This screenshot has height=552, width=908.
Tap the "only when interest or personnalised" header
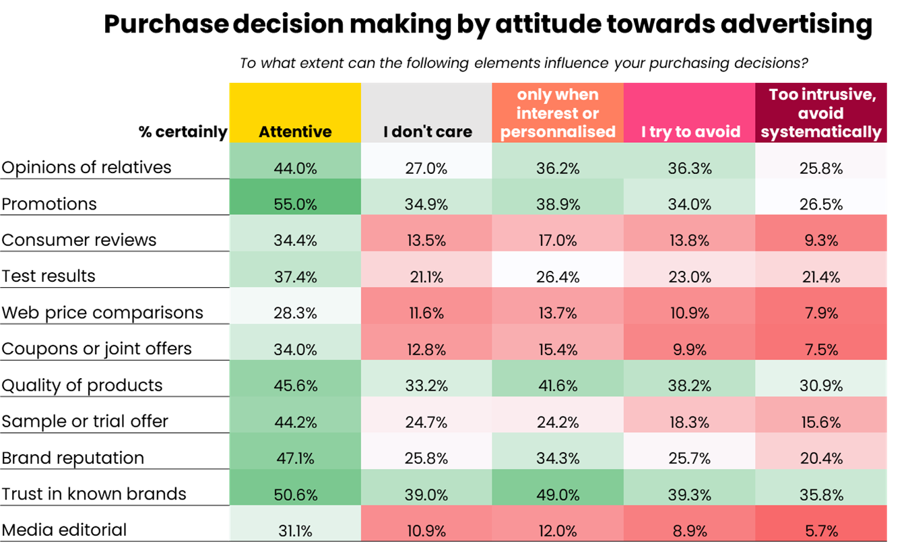pyautogui.click(x=558, y=113)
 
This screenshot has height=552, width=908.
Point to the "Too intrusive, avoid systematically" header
pyautogui.click(x=821, y=113)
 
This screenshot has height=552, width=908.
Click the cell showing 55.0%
pyautogui.click(x=295, y=204)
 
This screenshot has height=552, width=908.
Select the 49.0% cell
pyautogui.click(x=558, y=495)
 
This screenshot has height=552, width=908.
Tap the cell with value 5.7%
pyautogui.click(x=821, y=531)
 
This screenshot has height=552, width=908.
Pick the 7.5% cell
pyautogui.click(x=821, y=349)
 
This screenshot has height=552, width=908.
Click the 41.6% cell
pyautogui.click(x=558, y=386)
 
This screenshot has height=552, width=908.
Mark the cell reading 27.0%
pyautogui.click(x=426, y=168)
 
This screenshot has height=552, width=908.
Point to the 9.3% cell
pyautogui.click(x=821, y=241)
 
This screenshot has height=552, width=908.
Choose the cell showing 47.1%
pyautogui.click(x=295, y=458)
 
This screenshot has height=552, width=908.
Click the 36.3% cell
pyautogui.click(x=689, y=168)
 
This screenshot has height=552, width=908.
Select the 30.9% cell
pyautogui.click(x=821, y=386)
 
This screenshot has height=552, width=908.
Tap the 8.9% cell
pyautogui.click(x=689, y=531)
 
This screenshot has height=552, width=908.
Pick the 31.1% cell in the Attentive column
pyautogui.click(x=295, y=531)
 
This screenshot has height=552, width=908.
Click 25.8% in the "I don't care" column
pyautogui.click(x=426, y=458)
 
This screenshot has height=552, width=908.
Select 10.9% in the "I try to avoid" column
pyautogui.click(x=689, y=313)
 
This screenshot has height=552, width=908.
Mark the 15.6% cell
pyautogui.click(x=821, y=422)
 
